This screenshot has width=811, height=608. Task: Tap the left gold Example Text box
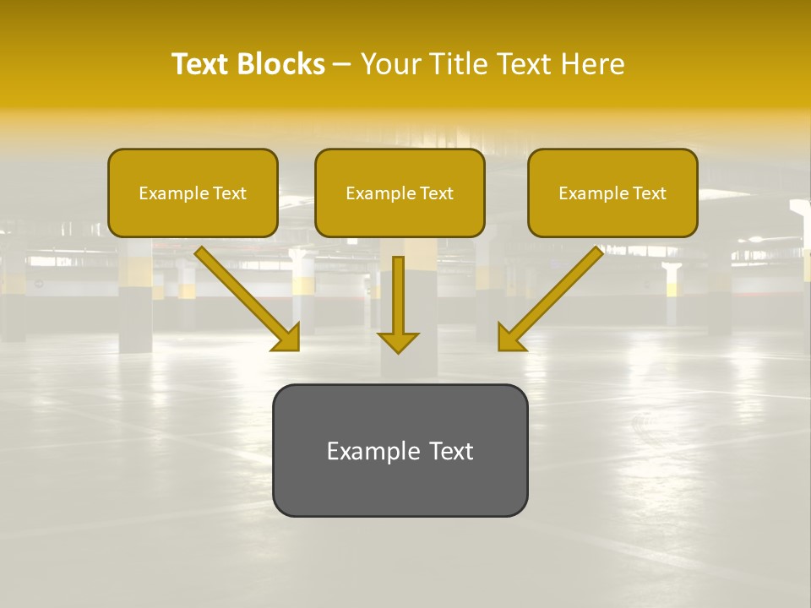[x=193, y=193]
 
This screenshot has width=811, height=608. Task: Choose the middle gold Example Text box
[x=400, y=193]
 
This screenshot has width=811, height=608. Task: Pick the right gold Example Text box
[x=612, y=193]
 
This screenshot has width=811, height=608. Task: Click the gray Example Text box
[x=400, y=450]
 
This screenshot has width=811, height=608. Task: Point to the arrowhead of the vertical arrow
[x=398, y=343]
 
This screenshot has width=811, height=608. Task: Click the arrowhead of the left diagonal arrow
[x=287, y=339]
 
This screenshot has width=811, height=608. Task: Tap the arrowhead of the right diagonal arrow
[x=509, y=339]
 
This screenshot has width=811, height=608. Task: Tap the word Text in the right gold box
[x=649, y=193]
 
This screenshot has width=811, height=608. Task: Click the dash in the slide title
[x=342, y=64]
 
